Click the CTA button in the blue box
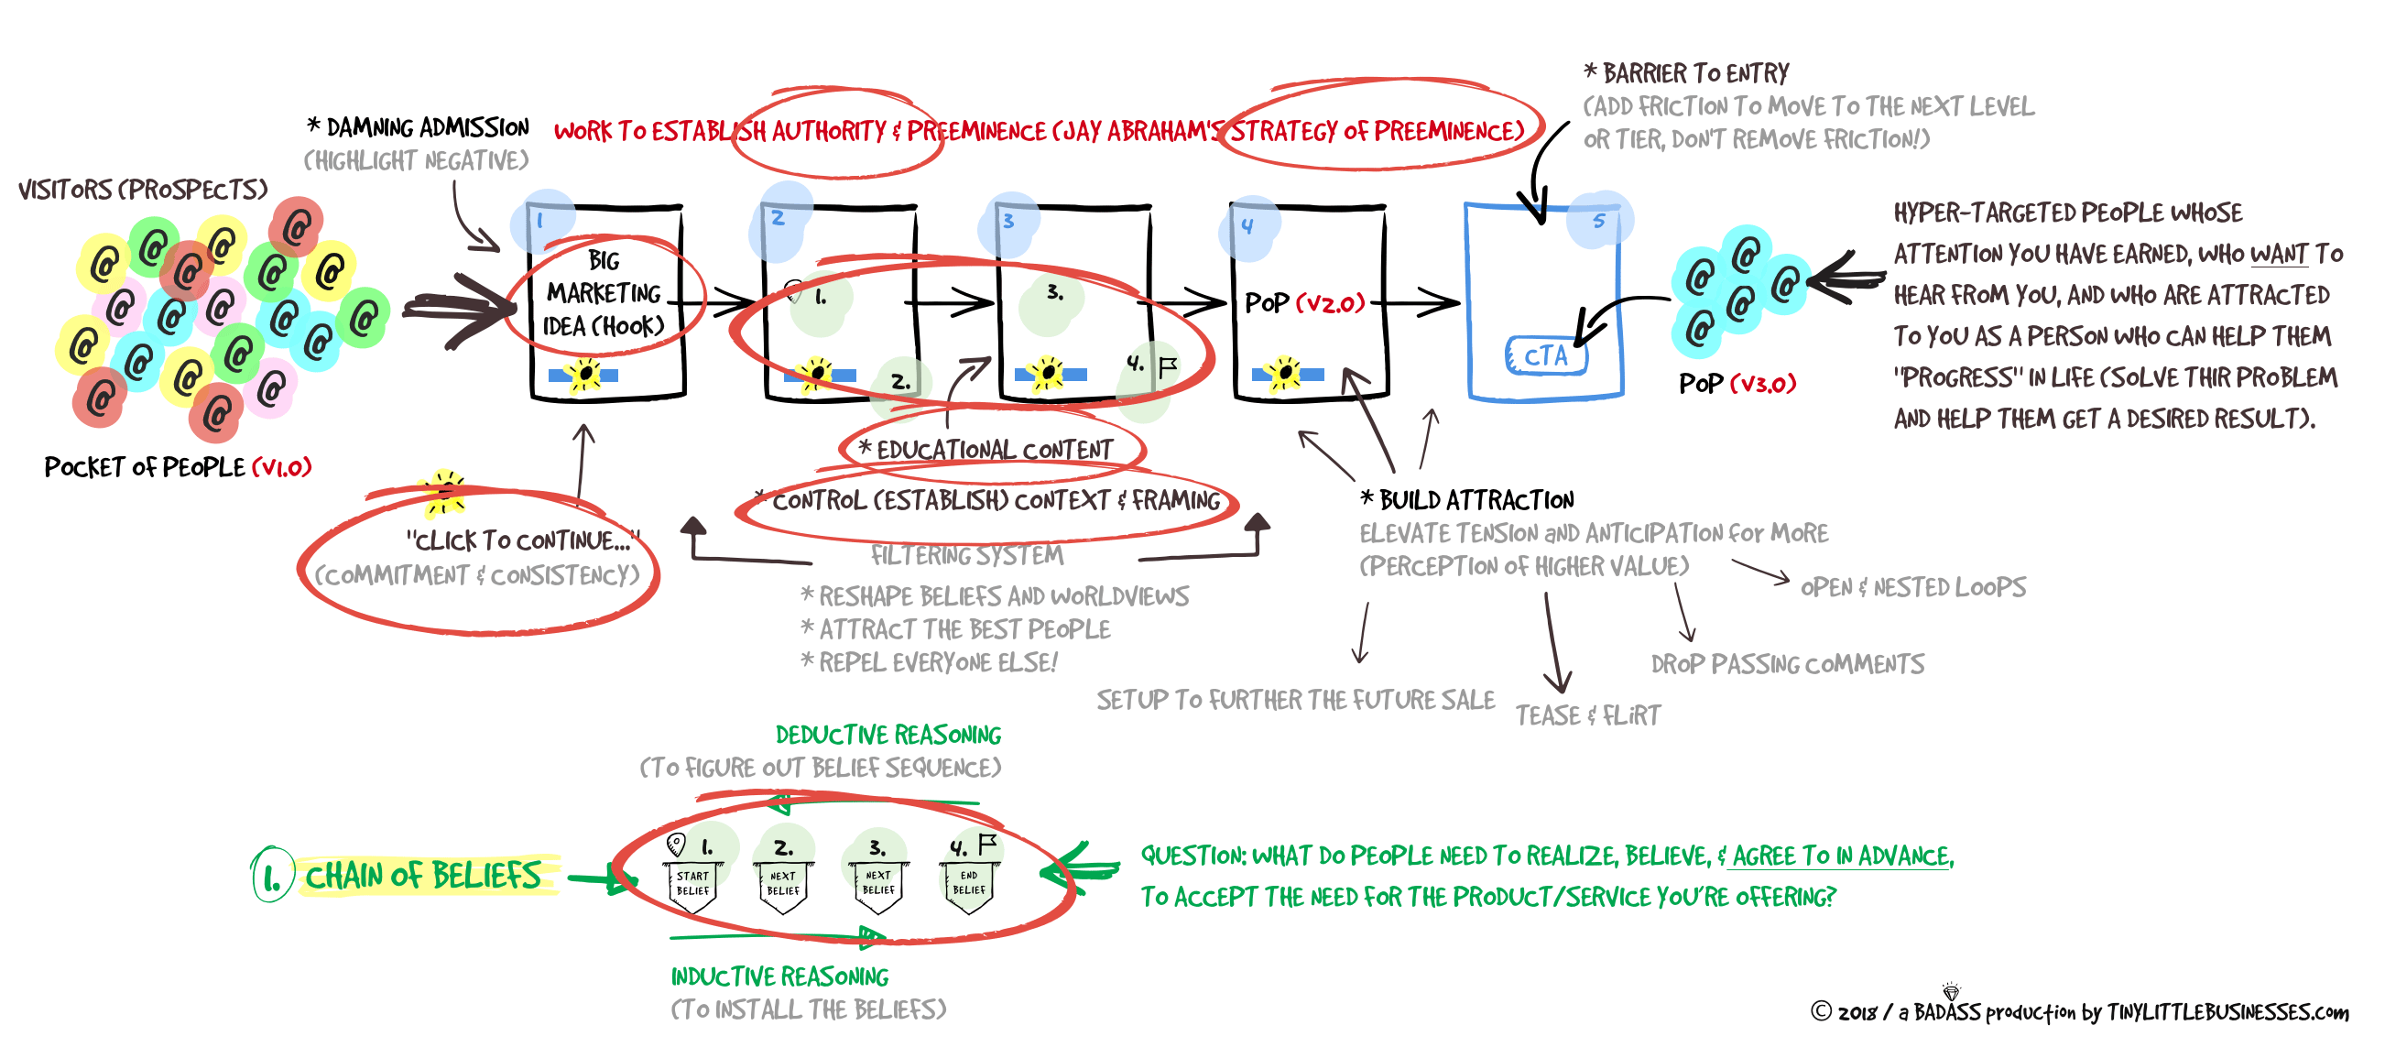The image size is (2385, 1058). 1545,355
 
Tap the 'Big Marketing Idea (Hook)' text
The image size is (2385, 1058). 604,293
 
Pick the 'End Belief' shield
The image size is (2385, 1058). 968,885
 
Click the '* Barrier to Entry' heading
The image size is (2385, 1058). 1686,73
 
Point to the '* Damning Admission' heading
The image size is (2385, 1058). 419,126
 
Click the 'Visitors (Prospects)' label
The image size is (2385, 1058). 143,190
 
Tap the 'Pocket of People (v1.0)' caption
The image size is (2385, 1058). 178,467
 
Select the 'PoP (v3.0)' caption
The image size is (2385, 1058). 1737,383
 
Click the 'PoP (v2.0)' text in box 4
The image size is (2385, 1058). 1304,302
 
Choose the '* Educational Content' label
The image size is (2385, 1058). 986,450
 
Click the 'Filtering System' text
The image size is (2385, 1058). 966,555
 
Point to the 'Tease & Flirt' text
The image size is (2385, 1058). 1588,715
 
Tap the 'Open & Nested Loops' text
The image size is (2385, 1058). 1912,588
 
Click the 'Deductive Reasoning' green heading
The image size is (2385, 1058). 888,735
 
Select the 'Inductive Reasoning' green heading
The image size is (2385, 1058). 779,976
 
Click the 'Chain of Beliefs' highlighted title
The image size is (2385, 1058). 423,876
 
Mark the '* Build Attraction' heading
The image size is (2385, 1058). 1467,501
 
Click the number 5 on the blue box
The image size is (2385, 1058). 1599,220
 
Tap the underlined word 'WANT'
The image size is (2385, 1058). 2279,254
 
